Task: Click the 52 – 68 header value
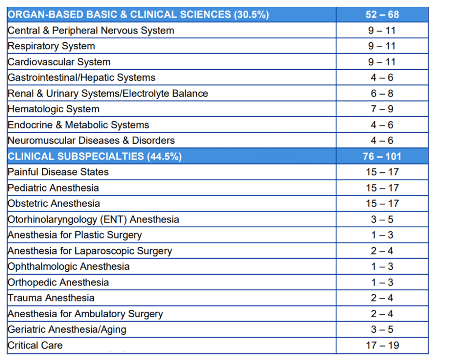pyautogui.click(x=382, y=15)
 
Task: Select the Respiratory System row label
pyautogui.click(x=51, y=46)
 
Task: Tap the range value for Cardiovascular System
pyautogui.click(x=382, y=62)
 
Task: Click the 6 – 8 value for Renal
pyautogui.click(x=382, y=93)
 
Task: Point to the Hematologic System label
pyautogui.click(x=53, y=109)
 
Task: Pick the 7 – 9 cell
pyautogui.click(x=382, y=109)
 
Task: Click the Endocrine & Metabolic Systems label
pyautogui.click(x=78, y=125)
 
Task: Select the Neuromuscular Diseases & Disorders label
pyautogui.click(x=91, y=141)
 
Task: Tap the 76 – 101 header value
pyautogui.click(x=382, y=156)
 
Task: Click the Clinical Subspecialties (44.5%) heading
pyautogui.click(x=95, y=156)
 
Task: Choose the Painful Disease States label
pyautogui.click(x=58, y=172)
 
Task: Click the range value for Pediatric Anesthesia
pyautogui.click(x=382, y=188)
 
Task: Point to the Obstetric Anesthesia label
pyautogui.click(x=54, y=204)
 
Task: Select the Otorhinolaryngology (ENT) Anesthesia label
pyautogui.click(x=93, y=219)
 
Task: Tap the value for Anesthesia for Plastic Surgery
pyautogui.click(x=382, y=235)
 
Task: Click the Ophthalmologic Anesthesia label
pyautogui.click(x=68, y=267)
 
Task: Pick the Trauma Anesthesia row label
pyautogui.click(x=51, y=298)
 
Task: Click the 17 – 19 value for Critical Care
pyautogui.click(x=382, y=345)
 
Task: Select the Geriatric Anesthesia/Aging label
pyautogui.click(x=67, y=330)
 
